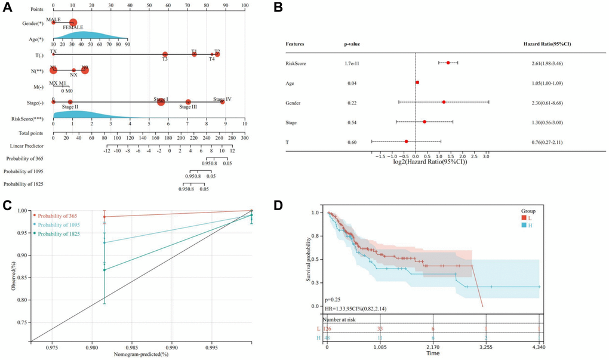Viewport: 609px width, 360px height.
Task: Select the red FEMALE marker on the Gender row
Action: [73, 23]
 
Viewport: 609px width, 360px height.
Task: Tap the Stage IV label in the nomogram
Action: [222, 99]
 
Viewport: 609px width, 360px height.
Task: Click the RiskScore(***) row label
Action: [28, 118]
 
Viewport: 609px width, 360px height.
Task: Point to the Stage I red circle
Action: [161, 102]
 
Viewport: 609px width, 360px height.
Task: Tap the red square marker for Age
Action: [417, 82]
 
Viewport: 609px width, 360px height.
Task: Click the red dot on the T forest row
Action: [406, 141]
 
